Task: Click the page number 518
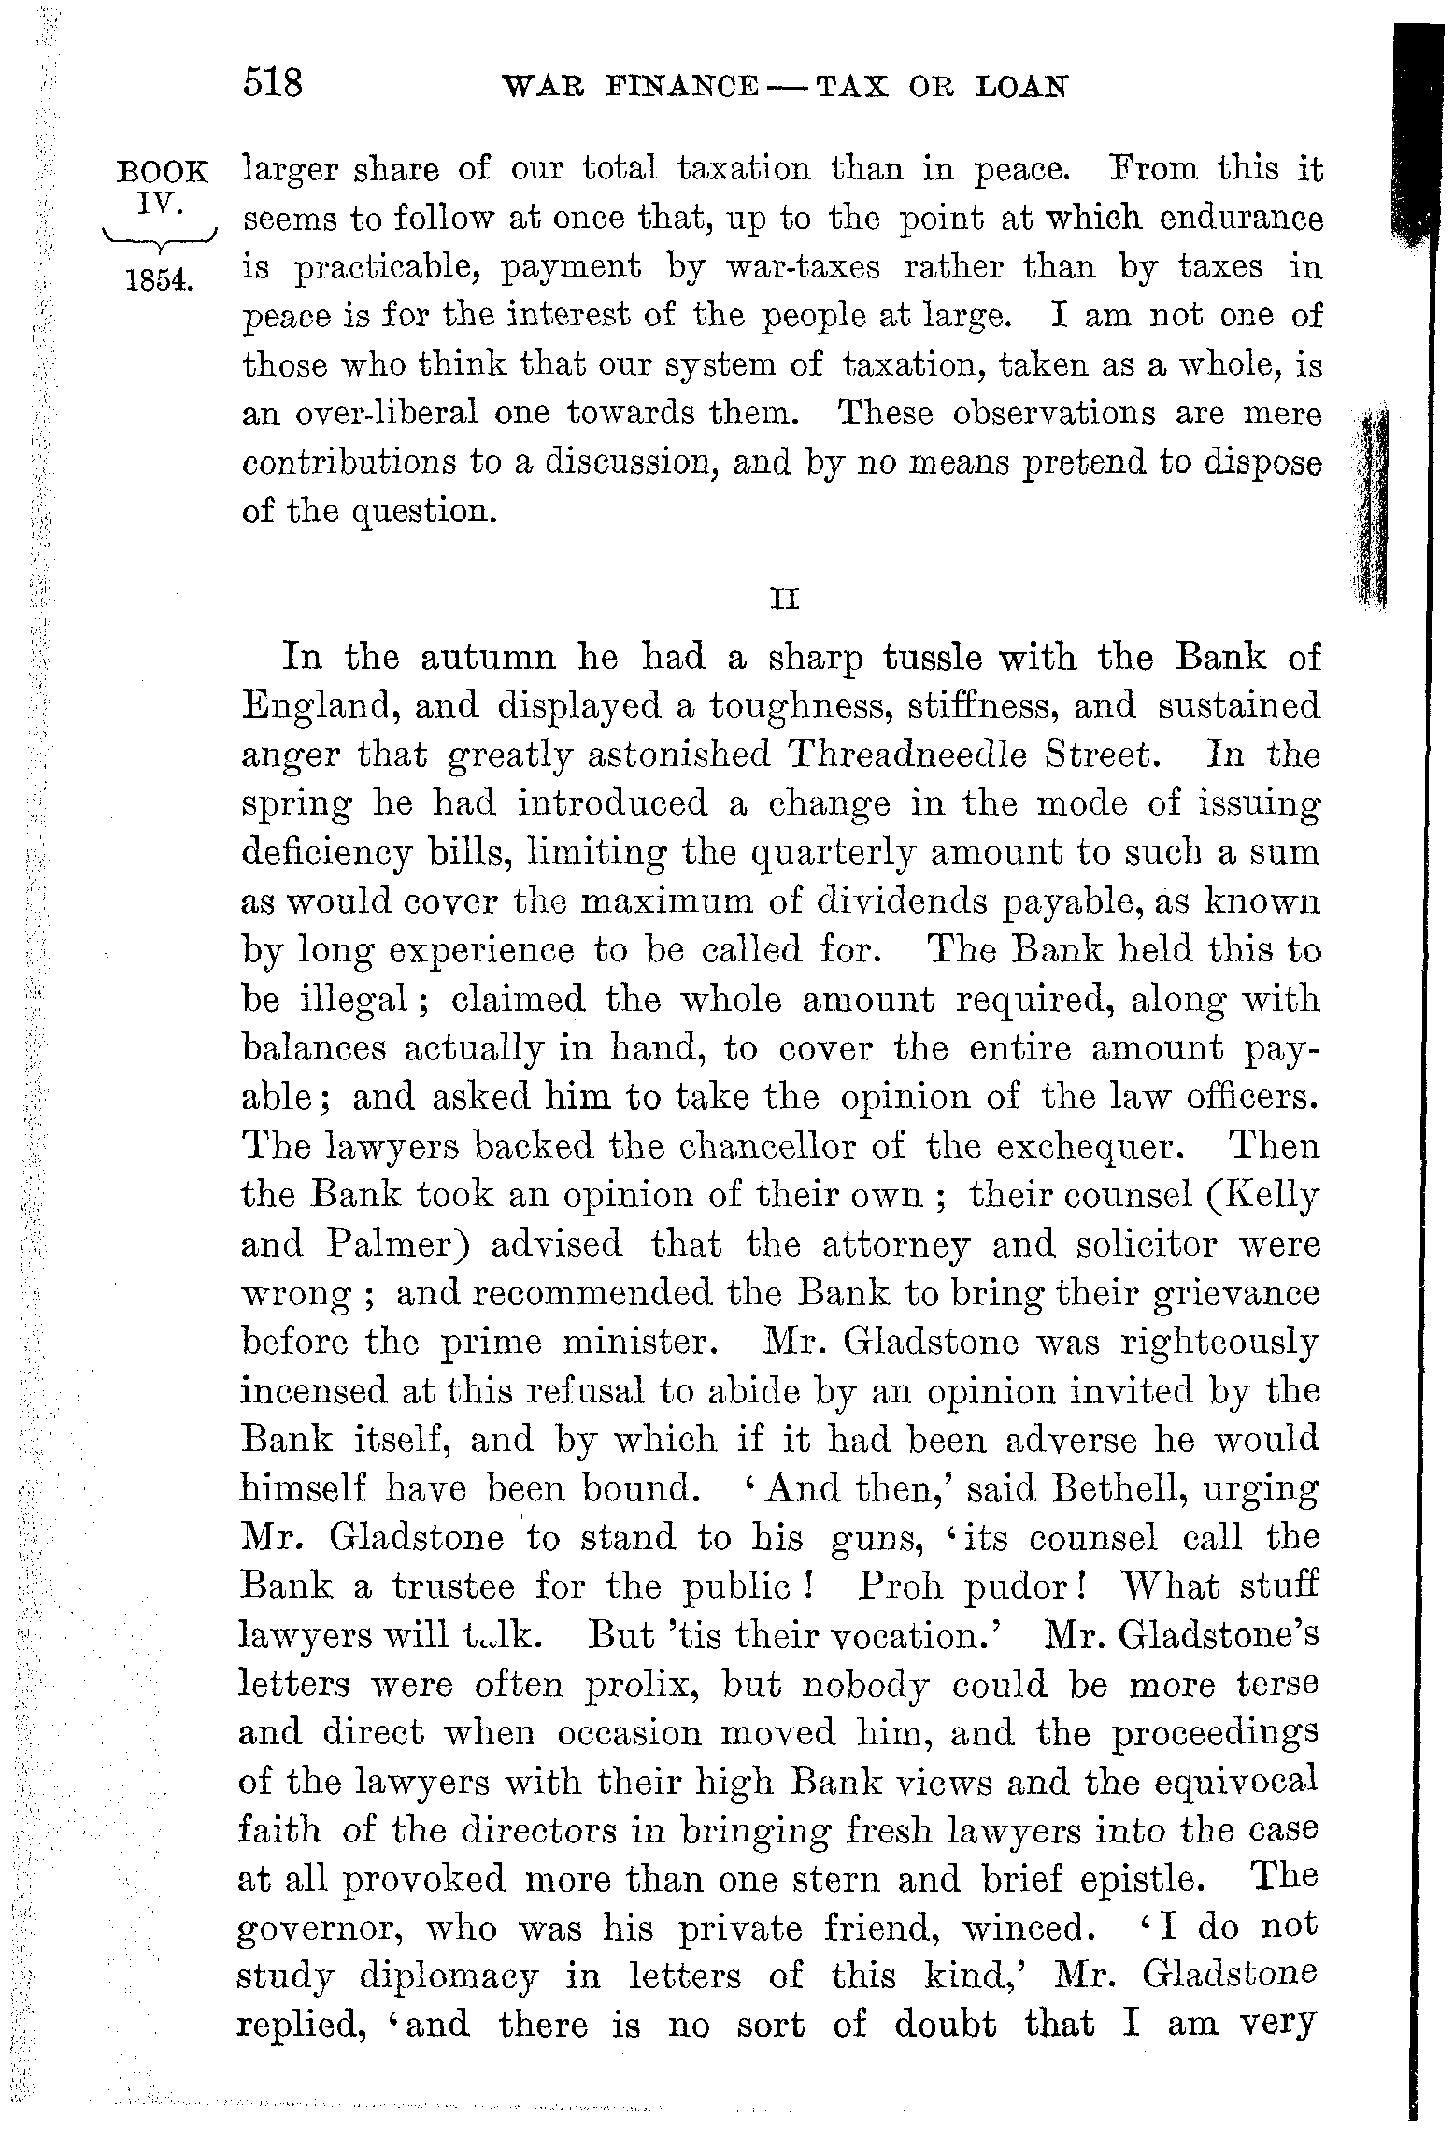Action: click(x=273, y=85)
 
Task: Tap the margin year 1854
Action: click(x=158, y=279)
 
